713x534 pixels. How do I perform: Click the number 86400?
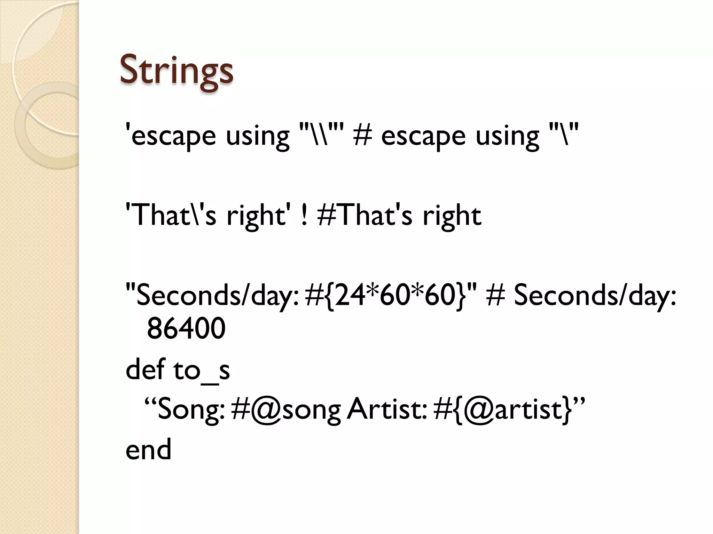point(186,329)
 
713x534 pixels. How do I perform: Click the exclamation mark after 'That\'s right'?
point(304,216)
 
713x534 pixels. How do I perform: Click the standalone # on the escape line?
point(362,136)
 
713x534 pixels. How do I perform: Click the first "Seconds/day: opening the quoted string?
point(212,296)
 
